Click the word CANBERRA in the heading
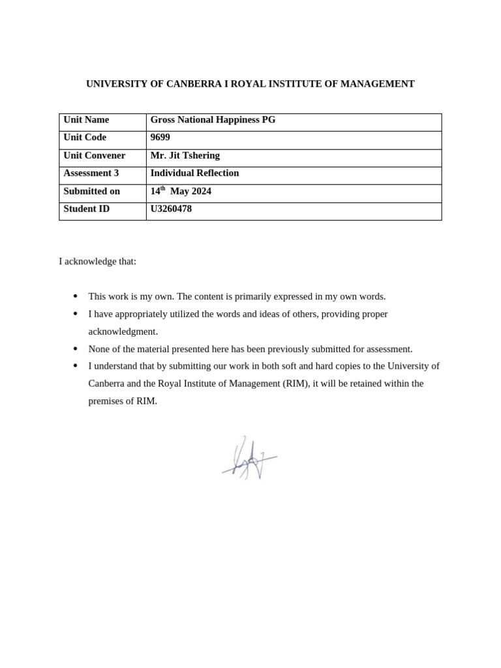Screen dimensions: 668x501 click(x=194, y=84)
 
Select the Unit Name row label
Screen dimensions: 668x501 click(x=86, y=120)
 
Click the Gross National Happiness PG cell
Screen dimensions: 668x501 click(x=213, y=120)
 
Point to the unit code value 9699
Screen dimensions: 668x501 click(x=160, y=138)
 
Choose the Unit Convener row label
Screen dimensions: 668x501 click(x=94, y=156)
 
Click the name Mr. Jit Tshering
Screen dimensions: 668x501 click(x=185, y=156)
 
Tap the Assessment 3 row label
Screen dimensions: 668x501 click(x=91, y=174)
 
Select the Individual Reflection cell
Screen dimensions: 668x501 click(x=194, y=174)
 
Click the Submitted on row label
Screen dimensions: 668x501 click(x=91, y=192)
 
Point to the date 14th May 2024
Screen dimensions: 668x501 click(x=181, y=192)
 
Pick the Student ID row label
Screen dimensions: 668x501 click(x=86, y=209)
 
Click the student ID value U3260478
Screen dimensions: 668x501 click(x=171, y=209)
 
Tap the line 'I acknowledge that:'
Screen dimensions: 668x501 click(x=98, y=262)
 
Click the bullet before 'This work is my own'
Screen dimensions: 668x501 click(x=76, y=296)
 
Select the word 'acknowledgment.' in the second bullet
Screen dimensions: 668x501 click(x=123, y=331)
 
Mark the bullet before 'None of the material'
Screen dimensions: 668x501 click(x=76, y=349)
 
